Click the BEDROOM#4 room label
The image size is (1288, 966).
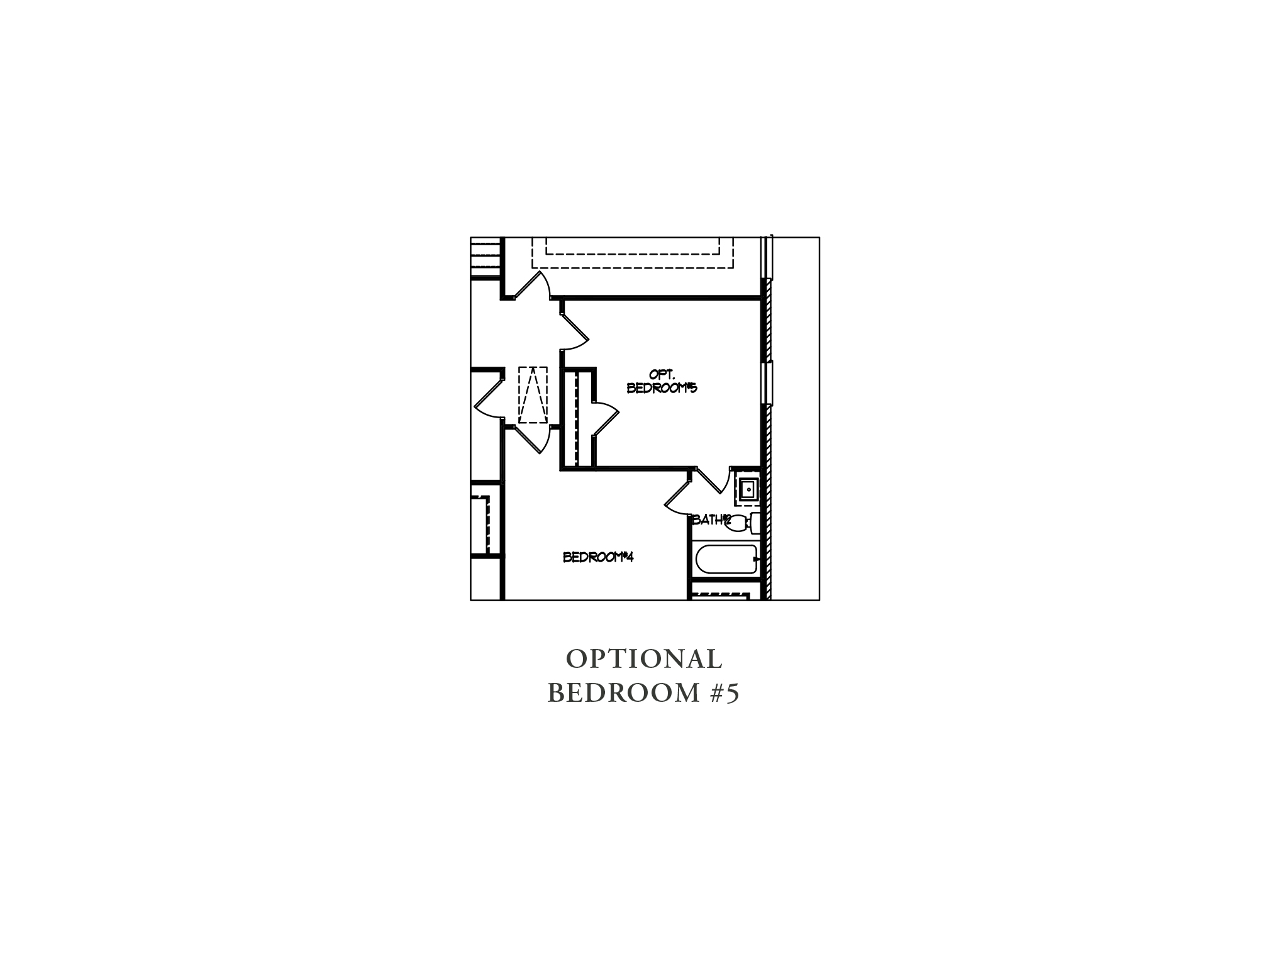tap(597, 557)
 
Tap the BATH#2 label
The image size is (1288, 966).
tap(711, 520)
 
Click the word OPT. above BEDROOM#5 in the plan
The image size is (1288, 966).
tap(662, 375)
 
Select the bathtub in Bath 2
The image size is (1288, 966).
tap(724, 559)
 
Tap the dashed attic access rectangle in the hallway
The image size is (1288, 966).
tap(533, 395)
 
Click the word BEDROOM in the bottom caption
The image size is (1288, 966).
tap(623, 694)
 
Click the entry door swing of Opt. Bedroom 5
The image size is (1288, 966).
tap(574, 327)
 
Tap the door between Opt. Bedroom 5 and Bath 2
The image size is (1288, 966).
tap(713, 483)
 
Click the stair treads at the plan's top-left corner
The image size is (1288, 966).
tap(487, 257)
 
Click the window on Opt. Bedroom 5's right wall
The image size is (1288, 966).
tap(768, 382)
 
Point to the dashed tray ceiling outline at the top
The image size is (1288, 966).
tap(632, 253)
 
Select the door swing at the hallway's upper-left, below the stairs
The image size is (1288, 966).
tap(533, 285)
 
